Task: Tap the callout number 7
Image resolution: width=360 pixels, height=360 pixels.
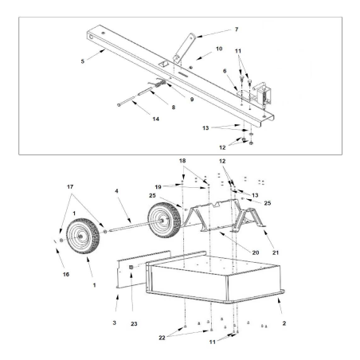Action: coord(213,31)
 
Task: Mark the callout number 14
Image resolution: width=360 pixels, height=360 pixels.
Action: coord(145,119)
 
